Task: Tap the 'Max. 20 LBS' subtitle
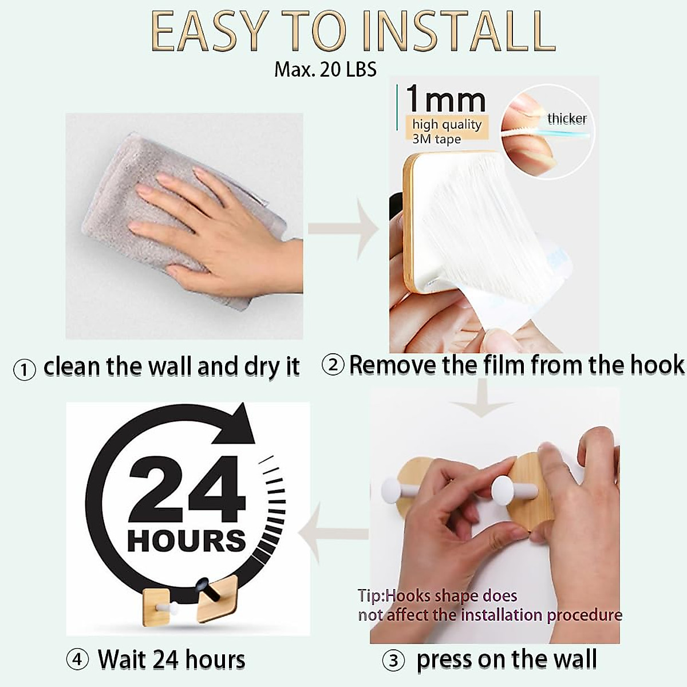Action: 325,69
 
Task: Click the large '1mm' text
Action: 445,100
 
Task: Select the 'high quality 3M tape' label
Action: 447,131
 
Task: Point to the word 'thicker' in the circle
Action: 567,119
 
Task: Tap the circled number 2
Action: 333,365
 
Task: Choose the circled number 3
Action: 393,661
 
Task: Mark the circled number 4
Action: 77,660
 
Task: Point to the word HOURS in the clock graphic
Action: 186,541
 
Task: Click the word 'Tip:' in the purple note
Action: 371,596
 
